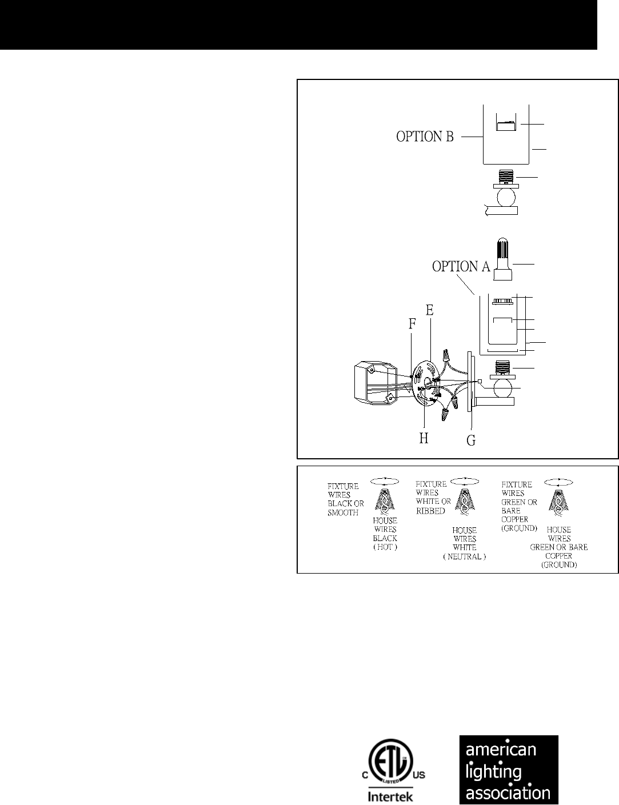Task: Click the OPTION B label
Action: point(425,137)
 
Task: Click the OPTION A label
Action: point(461,266)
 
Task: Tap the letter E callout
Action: point(429,310)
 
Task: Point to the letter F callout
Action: point(412,324)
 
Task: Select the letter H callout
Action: point(424,438)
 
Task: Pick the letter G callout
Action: point(471,440)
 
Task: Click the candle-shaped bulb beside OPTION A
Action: point(502,259)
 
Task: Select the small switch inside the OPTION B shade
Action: point(504,126)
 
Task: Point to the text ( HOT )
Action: point(385,547)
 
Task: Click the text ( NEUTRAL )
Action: point(465,556)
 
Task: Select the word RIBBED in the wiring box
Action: point(430,511)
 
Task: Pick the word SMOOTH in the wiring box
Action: point(343,512)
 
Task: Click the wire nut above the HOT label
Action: point(385,500)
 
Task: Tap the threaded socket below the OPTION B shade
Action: point(506,177)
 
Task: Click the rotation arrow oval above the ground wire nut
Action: point(558,482)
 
